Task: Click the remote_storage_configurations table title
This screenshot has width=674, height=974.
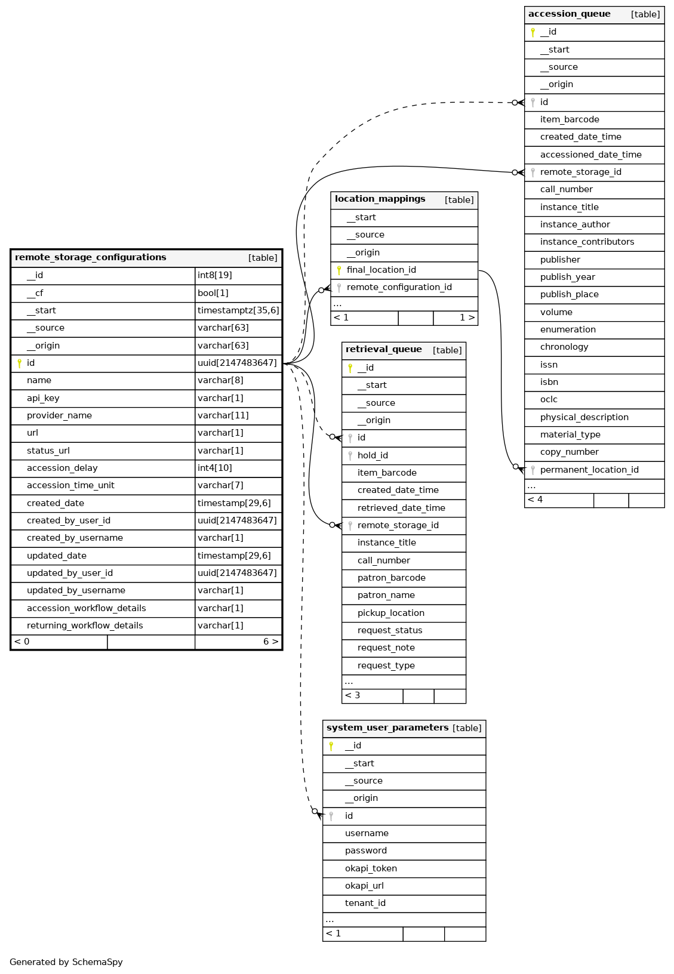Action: pos(91,258)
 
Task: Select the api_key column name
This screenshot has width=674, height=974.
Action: pos(43,398)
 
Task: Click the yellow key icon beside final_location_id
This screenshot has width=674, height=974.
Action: pos(339,270)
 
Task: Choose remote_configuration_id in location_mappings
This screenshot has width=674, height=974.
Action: pos(399,287)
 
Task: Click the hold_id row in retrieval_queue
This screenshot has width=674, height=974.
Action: pos(373,455)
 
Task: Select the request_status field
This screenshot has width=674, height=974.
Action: pos(390,630)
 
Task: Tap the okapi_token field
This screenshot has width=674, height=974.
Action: pos(371,868)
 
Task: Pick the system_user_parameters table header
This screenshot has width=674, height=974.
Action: pos(387,728)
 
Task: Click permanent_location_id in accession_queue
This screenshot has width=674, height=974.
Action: pos(589,470)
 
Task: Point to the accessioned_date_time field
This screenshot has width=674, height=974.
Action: pos(590,155)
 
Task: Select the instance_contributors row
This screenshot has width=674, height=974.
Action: pos(587,242)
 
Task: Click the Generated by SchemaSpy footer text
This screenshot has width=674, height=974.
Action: pos(66,962)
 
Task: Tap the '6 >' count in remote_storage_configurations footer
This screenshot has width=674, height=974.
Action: pos(270,642)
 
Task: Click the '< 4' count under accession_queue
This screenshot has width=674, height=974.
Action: pos(535,500)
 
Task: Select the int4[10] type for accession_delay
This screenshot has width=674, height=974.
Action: pos(215,468)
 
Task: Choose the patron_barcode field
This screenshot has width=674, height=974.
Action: pos(391,578)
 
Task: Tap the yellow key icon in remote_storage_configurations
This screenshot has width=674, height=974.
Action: pos(19,363)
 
